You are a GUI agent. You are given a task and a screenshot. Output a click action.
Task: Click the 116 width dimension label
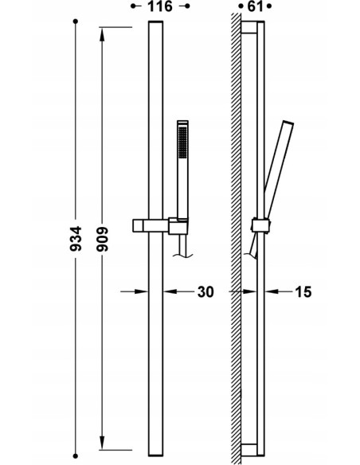tap(160, 6)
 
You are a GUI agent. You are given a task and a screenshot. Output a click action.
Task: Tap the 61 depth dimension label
tap(256, 6)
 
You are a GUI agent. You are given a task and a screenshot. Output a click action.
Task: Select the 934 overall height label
tap(76, 239)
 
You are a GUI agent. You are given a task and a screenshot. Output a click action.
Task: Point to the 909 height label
tap(103, 240)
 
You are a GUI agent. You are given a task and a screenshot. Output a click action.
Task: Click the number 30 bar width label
tap(205, 292)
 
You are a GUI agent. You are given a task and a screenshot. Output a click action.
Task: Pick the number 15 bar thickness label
tap(303, 292)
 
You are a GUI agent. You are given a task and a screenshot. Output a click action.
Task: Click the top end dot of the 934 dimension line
tap(76, 21)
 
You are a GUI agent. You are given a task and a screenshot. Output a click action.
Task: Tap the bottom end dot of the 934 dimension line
tap(76, 455)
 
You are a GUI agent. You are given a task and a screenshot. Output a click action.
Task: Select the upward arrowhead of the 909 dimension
tap(102, 34)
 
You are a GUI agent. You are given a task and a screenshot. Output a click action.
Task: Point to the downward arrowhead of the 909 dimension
tap(102, 443)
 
